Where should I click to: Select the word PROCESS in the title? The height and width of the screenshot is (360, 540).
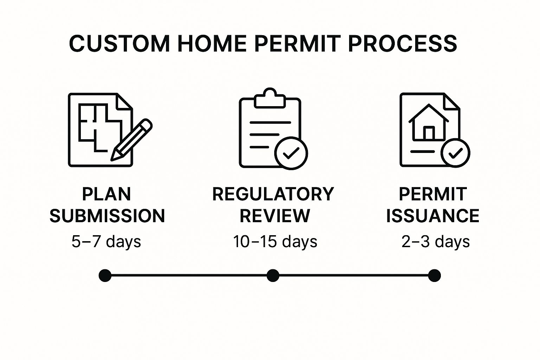click(403, 44)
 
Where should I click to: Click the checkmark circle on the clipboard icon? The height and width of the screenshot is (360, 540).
click(291, 153)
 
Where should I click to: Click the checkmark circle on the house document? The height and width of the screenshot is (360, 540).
click(455, 153)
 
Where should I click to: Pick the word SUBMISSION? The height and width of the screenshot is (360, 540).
click(107, 216)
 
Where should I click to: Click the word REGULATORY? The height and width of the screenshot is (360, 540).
click(273, 194)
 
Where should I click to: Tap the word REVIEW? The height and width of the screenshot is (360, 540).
click(275, 216)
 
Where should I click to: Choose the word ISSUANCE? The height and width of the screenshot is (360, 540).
click(433, 216)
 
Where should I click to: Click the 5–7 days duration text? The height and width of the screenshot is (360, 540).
click(106, 242)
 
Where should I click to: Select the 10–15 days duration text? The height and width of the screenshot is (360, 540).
click(275, 242)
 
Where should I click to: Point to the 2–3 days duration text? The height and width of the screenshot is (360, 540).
click(436, 242)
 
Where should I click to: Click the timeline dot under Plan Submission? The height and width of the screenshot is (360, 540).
click(105, 276)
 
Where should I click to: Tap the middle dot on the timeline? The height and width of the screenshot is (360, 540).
click(273, 276)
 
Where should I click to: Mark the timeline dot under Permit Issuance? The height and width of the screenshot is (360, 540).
click(435, 276)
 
